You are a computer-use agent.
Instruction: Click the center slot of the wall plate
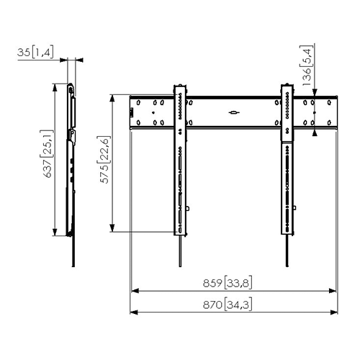(x=233, y=112)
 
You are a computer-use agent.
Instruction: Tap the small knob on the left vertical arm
(x=187, y=210)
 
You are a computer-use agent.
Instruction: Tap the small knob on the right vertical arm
(x=295, y=210)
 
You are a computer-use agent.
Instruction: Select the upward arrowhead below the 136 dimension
(x=315, y=131)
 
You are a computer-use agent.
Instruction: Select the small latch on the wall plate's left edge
(x=132, y=112)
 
